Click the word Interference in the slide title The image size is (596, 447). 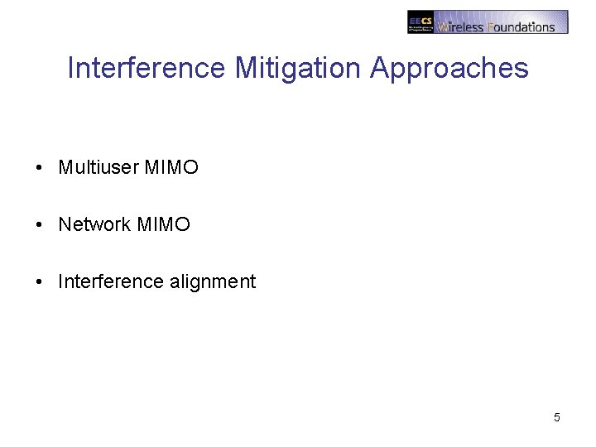pos(146,68)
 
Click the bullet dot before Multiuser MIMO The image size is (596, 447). pos(40,168)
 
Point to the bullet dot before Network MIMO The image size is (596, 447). pos(40,225)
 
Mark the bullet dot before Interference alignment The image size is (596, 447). pos(40,282)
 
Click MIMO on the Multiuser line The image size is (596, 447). pos(171,168)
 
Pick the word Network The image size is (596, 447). pos(94,225)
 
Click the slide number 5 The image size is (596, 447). pos(557,417)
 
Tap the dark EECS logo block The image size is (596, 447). pos(421,22)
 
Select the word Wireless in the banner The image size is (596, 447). pos(461,26)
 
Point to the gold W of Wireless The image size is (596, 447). pos(443,26)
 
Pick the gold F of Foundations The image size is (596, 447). pos(491,26)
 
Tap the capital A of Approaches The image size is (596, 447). pos(381,68)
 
